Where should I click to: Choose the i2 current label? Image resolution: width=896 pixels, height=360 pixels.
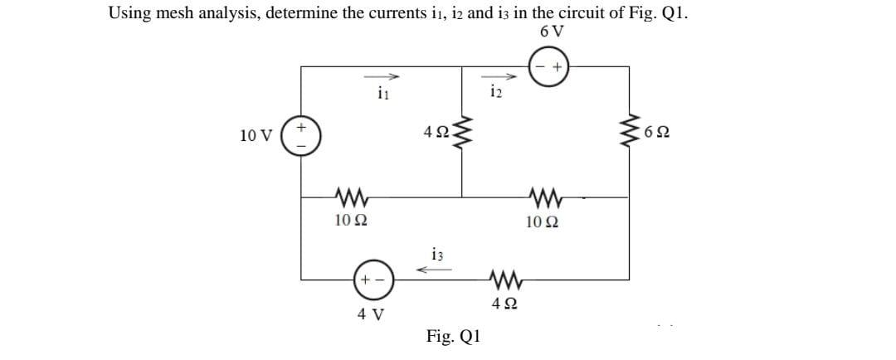point(496,91)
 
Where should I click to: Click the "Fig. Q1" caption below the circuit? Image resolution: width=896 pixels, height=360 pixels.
point(452,337)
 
